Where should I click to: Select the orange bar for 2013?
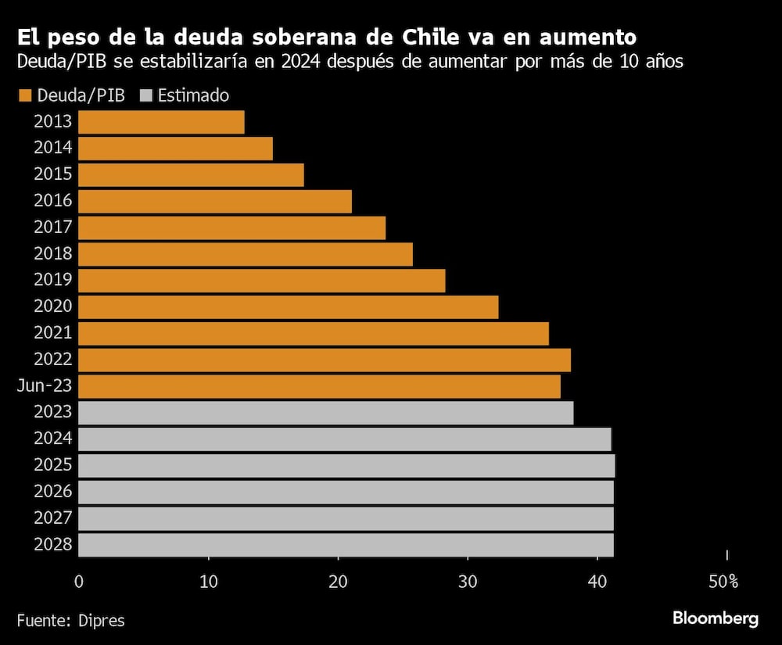coord(161,122)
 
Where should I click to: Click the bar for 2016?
coord(215,201)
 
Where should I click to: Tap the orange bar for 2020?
coord(288,307)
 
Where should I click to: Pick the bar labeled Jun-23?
coord(319,386)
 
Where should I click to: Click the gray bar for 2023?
coord(325,413)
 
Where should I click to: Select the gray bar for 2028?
coord(346,545)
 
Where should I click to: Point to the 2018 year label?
coord(53,253)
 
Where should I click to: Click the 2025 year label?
coord(53,465)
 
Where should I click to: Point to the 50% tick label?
coord(723,582)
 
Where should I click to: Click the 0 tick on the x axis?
coord(79,582)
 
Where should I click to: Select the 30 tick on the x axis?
coord(468,582)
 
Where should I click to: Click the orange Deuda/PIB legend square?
coord(24,95)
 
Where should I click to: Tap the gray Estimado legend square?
coord(145,95)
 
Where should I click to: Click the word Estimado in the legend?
coord(193,95)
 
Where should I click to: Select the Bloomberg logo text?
coord(715,618)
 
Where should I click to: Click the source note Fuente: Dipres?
coord(70,620)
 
